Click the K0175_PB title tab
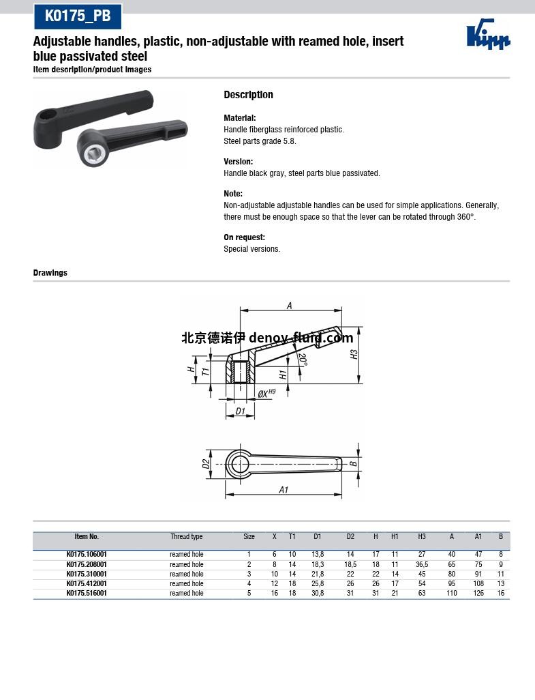[77, 16]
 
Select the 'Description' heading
[248, 95]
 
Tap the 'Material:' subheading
[240, 118]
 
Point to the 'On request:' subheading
[244, 237]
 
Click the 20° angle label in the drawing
[303, 360]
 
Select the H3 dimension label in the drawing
[354, 355]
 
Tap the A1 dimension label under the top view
[284, 490]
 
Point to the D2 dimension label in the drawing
[206, 464]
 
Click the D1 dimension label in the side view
[239, 411]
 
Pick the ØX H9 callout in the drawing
[266, 393]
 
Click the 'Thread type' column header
[186, 537]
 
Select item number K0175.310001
[87, 574]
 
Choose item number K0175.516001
[87, 594]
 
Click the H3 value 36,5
[422, 565]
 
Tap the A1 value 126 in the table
[478, 594]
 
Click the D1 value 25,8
[318, 584]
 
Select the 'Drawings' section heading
[50, 273]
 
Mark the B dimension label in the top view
[352, 464]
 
